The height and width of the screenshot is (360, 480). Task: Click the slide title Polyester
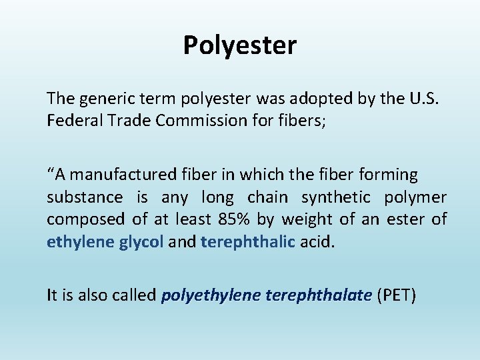[240, 46]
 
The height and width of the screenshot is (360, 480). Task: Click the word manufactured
[122, 175]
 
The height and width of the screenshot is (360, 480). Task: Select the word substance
[85, 197]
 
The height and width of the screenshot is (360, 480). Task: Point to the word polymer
[415, 197]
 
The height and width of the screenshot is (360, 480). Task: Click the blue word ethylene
[81, 242]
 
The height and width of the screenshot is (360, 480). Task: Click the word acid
[317, 242]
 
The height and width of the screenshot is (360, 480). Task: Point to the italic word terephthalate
[318, 295]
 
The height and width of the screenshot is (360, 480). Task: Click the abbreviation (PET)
[396, 295]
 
